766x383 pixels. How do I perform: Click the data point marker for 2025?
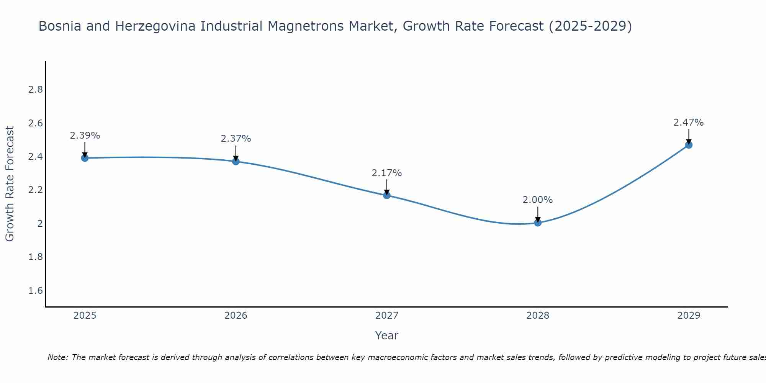click(x=85, y=158)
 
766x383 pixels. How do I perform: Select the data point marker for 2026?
click(x=236, y=161)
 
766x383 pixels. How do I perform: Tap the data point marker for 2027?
click(x=386, y=195)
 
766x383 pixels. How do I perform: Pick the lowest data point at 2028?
click(x=537, y=223)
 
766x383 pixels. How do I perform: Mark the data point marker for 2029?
click(x=688, y=145)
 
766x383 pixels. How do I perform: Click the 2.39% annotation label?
click(x=85, y=136)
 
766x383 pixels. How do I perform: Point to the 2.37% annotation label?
click(x=236, y=139)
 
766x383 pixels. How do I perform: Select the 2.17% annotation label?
click(x=386, y=173)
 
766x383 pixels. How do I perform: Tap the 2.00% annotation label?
click(x=537, y=200)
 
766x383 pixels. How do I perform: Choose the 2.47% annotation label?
click(x=688, y=123)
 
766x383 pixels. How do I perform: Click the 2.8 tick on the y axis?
click(x=35, y=90)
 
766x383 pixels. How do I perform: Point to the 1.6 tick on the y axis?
click(x=35, y=291)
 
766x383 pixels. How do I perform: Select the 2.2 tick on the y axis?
click(x=35, y=190)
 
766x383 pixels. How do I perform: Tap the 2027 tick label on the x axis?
click(x=386, y=316)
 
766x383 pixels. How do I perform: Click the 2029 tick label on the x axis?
click(x=688, y=316)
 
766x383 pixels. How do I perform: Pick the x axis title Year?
click(x=386, y=336)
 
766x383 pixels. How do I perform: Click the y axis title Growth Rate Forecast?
click(x=10, y=184)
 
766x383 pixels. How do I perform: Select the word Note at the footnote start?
click(x=57, y=358)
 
